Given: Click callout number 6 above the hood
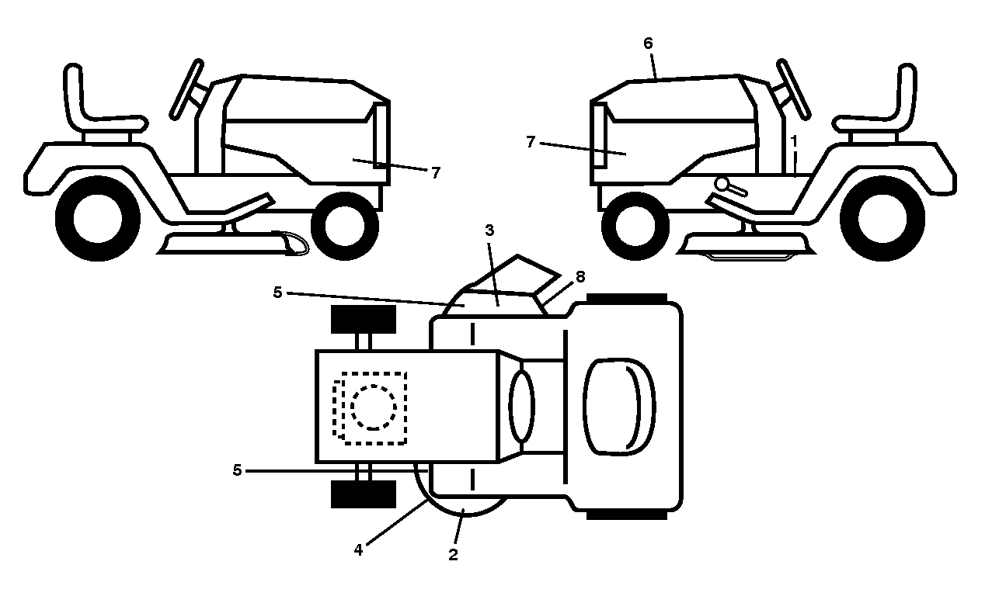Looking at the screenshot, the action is [648, 43].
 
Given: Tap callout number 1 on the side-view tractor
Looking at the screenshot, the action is [794, 141].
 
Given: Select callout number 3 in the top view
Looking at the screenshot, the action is [489, 230].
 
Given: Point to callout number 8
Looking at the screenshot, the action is [580, 276].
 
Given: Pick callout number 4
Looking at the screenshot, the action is [358, 550].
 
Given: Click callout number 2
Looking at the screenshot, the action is [453, 555].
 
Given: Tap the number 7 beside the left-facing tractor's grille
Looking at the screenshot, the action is [531, 142].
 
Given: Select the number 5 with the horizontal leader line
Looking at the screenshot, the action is [238, 470].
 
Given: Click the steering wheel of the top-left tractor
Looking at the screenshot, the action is [186, 89].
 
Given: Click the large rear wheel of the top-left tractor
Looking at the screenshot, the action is [98, 219].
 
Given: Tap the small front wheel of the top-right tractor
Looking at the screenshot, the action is [635, 226].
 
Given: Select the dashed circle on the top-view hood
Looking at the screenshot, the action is [374, 407].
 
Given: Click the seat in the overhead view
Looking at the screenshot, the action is [620, 407].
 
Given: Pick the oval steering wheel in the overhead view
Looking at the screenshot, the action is [522, 406].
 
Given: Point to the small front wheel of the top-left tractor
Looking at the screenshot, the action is [345, 226].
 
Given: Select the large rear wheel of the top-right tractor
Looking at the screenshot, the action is [882, 219].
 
